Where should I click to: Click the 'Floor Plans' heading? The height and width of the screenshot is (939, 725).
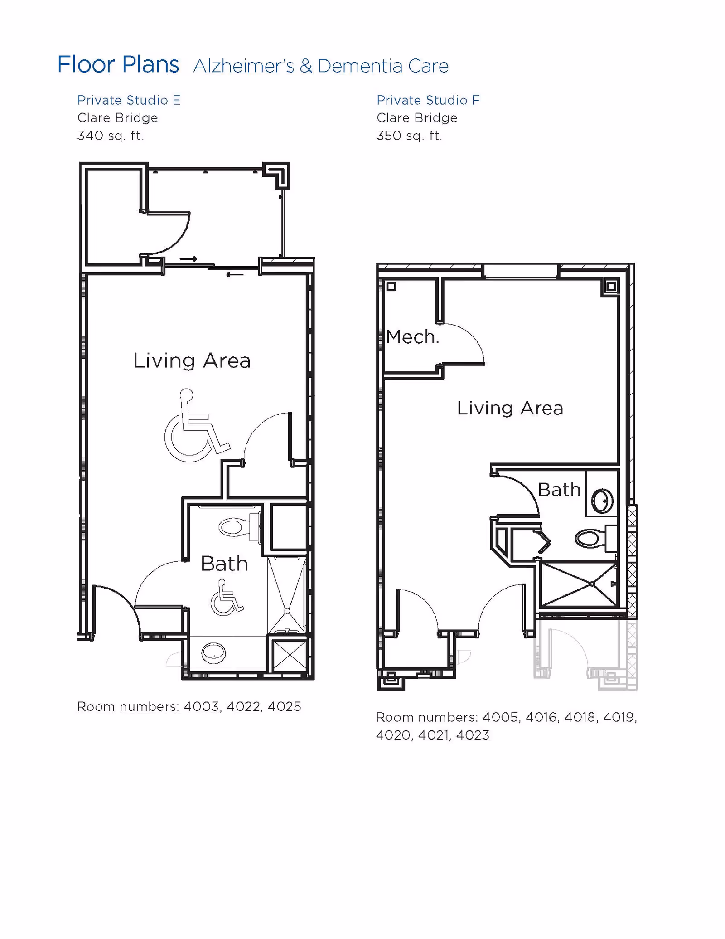click(x=118, y=64)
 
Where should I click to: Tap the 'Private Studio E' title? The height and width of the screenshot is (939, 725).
click(x=129, y=100)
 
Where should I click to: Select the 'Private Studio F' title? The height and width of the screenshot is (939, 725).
click(x=428, y=100)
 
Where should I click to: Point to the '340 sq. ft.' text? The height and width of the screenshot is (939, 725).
click(x=111, y=136)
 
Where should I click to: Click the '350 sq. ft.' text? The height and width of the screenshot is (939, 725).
click(x=410, y=136)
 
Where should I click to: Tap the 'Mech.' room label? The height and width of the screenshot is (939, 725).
click(x=413, y=337)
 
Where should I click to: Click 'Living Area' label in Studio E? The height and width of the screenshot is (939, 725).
click(x=192, y=361)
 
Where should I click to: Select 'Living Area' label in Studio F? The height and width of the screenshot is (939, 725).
click(x=510, y=408)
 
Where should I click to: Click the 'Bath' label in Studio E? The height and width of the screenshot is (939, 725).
click(x=225, y=564)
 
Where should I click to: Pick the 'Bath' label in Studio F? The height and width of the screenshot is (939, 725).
click(x=559, y=490)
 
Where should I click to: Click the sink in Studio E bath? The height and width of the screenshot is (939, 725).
click(x=213, y=653)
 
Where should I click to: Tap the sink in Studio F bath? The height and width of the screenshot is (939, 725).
click(x=602, y=501)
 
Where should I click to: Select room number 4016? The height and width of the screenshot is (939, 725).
click(x=541, y=717)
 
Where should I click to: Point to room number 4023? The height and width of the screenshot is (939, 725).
click(x=473, y=735)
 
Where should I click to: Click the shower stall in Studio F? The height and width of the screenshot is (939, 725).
click(x=579, y=584)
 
